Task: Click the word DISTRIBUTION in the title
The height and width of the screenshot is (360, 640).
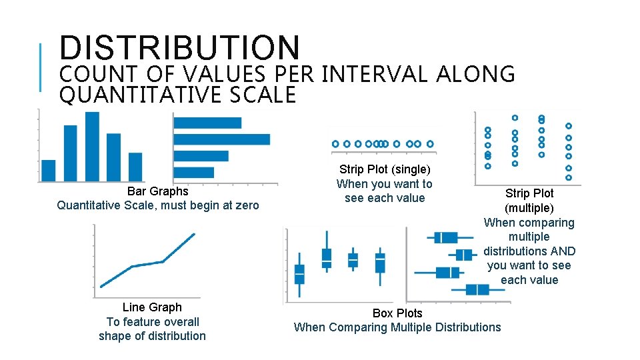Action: point(180,48)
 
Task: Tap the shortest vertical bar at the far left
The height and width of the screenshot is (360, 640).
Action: point(49,170)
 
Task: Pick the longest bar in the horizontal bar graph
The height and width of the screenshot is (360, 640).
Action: point(221,139)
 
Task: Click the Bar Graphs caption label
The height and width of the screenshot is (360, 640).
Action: point(158,191)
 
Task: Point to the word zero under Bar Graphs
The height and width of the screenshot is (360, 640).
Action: point(246,205)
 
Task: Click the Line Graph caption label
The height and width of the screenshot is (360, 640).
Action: point(152,307)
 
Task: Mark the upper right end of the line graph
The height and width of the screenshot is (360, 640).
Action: point(194,234)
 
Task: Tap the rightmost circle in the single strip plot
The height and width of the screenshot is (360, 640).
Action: point(430,143)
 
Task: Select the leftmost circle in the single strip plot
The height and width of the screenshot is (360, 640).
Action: point(335,143)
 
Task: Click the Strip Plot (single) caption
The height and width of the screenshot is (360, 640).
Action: point(385,169)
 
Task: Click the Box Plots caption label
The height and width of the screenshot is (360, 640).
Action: point(397,313)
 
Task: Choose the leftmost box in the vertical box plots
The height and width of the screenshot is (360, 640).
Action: point(299,274)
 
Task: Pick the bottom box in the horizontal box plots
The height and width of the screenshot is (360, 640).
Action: point(477,289)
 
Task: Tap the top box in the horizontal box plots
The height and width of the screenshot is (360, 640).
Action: point(445,237)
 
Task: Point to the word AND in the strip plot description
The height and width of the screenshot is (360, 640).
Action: point(563,251)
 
